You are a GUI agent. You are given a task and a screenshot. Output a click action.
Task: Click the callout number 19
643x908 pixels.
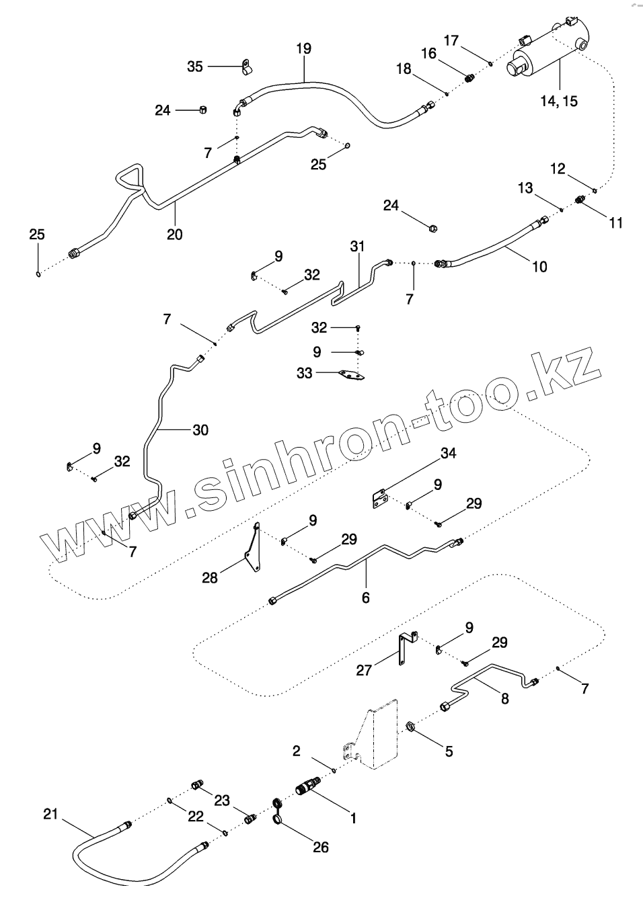[x=303, y=48]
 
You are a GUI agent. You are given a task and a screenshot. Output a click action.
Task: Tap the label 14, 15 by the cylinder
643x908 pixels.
[x=558, y=101]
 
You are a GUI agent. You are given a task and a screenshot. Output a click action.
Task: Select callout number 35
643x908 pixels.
[x=194, y=66]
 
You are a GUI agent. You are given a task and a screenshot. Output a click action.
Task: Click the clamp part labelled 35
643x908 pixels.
[x=247, y=67]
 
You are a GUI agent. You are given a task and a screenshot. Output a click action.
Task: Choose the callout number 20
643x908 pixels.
[x=175, y=234]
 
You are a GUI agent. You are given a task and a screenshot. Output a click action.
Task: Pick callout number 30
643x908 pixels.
[x=200, y=429]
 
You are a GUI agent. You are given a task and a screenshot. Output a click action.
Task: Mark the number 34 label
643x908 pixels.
[x=449, y=454]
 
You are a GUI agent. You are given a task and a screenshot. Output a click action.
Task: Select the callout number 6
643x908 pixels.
[x=366, y=596]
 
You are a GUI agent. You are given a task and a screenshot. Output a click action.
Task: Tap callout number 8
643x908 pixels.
[x=504, y=698]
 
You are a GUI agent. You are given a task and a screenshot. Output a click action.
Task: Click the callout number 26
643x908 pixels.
[x=321, y=847]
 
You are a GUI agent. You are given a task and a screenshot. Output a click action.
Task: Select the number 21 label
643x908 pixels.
[x=50, y=815]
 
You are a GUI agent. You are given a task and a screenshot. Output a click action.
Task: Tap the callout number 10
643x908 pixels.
[x=539, y=266]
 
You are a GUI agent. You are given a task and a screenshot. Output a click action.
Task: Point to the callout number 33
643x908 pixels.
[x=305, y=372]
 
